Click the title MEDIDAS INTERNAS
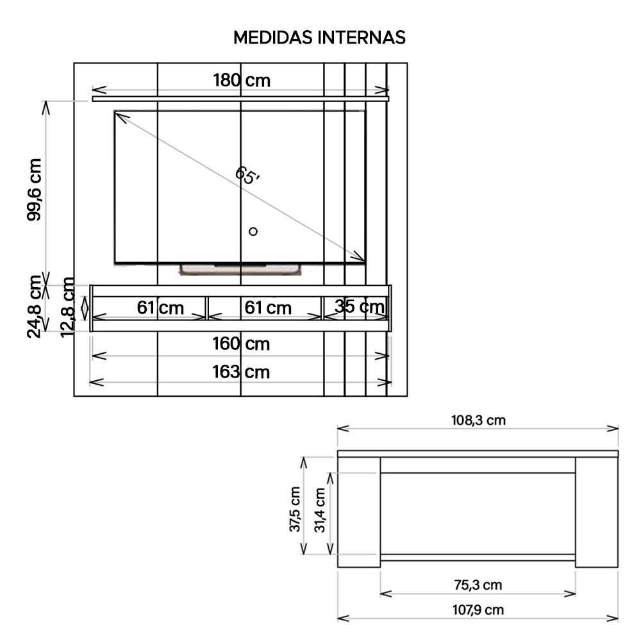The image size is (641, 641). tap(319, 37)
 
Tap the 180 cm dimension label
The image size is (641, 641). tap(242, 80)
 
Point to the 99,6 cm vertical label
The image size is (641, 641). tap(35, 190)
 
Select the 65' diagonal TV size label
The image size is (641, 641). tap(247, 176)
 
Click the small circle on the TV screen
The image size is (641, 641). tap(253, 231)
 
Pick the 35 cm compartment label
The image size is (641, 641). tap(360, 306)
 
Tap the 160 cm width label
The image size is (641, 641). tap(241, 344)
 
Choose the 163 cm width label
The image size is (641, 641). tap(241, 372)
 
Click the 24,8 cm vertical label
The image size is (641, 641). tap(35, 306)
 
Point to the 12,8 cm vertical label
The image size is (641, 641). tap(68, 308)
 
